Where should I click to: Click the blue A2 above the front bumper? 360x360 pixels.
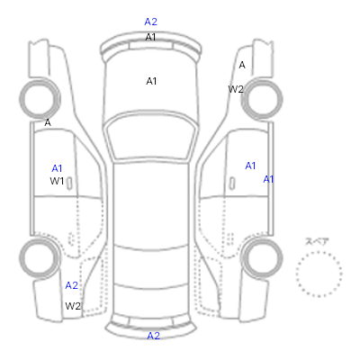click(x=150, y=22)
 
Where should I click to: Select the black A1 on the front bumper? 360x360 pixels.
click(x=150, y=37)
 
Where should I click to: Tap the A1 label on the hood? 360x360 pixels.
click(x=151, y=81)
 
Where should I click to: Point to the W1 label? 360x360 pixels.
click(x=57, y=181)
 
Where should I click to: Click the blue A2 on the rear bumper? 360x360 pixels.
click(x=153, y=336)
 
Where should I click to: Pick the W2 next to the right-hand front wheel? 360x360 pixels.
click(x=236, y=89)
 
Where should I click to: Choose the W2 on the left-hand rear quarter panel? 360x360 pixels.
click(x=73, y=306)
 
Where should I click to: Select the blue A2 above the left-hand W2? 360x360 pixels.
click(x=72, y=285)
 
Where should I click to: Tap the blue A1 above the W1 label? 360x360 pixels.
click(x=57, y=168)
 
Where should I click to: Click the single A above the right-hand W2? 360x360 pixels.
click(x=242, y=65)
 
